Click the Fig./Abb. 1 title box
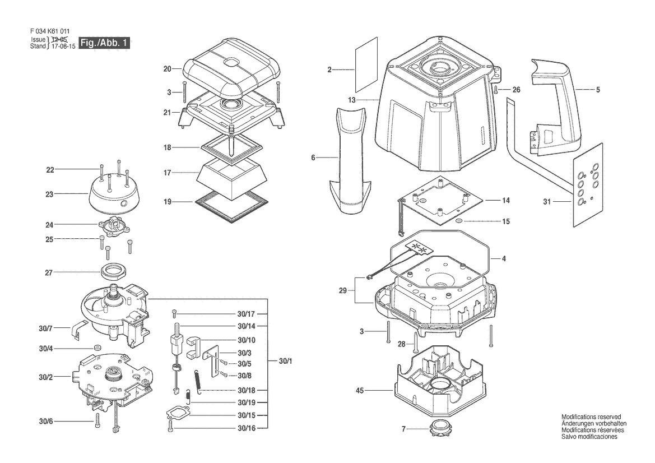[x=104, y=43]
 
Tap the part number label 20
[x=167, y=69]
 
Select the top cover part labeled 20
[x=231, y=71]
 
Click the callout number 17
[x=167, y=173]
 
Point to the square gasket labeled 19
[x=231, y=206]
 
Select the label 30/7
[x=45, y=329]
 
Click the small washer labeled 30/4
[x=97, y=348]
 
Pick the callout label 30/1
[x=285, y=361]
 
